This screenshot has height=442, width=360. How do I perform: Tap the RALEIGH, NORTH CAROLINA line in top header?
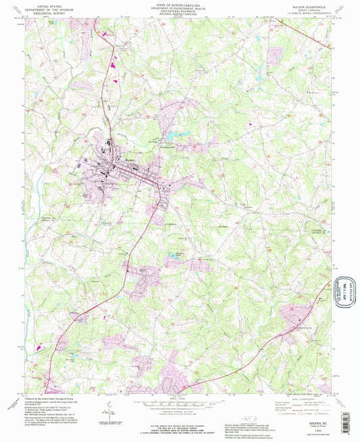[x=180, y=17]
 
